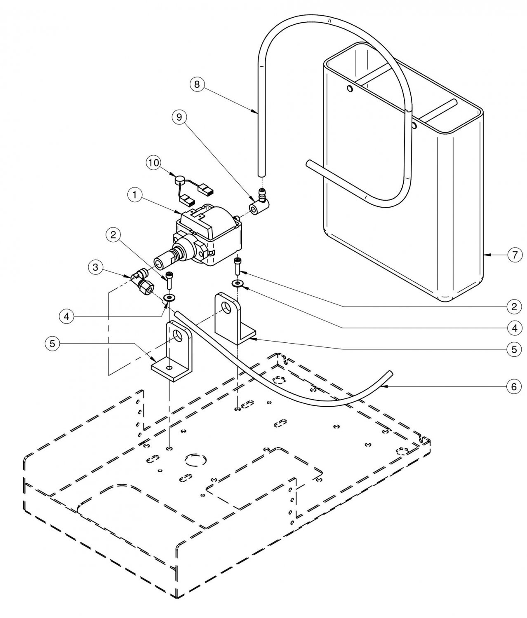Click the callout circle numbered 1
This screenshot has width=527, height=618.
point(135,195)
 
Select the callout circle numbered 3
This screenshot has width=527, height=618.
point(96,267)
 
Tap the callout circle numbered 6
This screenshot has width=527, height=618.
point(514,386)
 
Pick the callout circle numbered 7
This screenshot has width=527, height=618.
point(515,255)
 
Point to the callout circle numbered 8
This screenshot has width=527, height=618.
point(197,84)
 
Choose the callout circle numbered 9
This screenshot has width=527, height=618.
point(179,117)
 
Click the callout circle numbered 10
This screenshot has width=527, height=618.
point(153,163)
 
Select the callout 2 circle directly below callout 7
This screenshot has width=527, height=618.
point(514,307)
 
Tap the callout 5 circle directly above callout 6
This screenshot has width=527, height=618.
point(514,349)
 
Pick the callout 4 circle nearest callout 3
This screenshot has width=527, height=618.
point(66,316)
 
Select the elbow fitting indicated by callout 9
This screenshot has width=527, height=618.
point(259,203)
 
